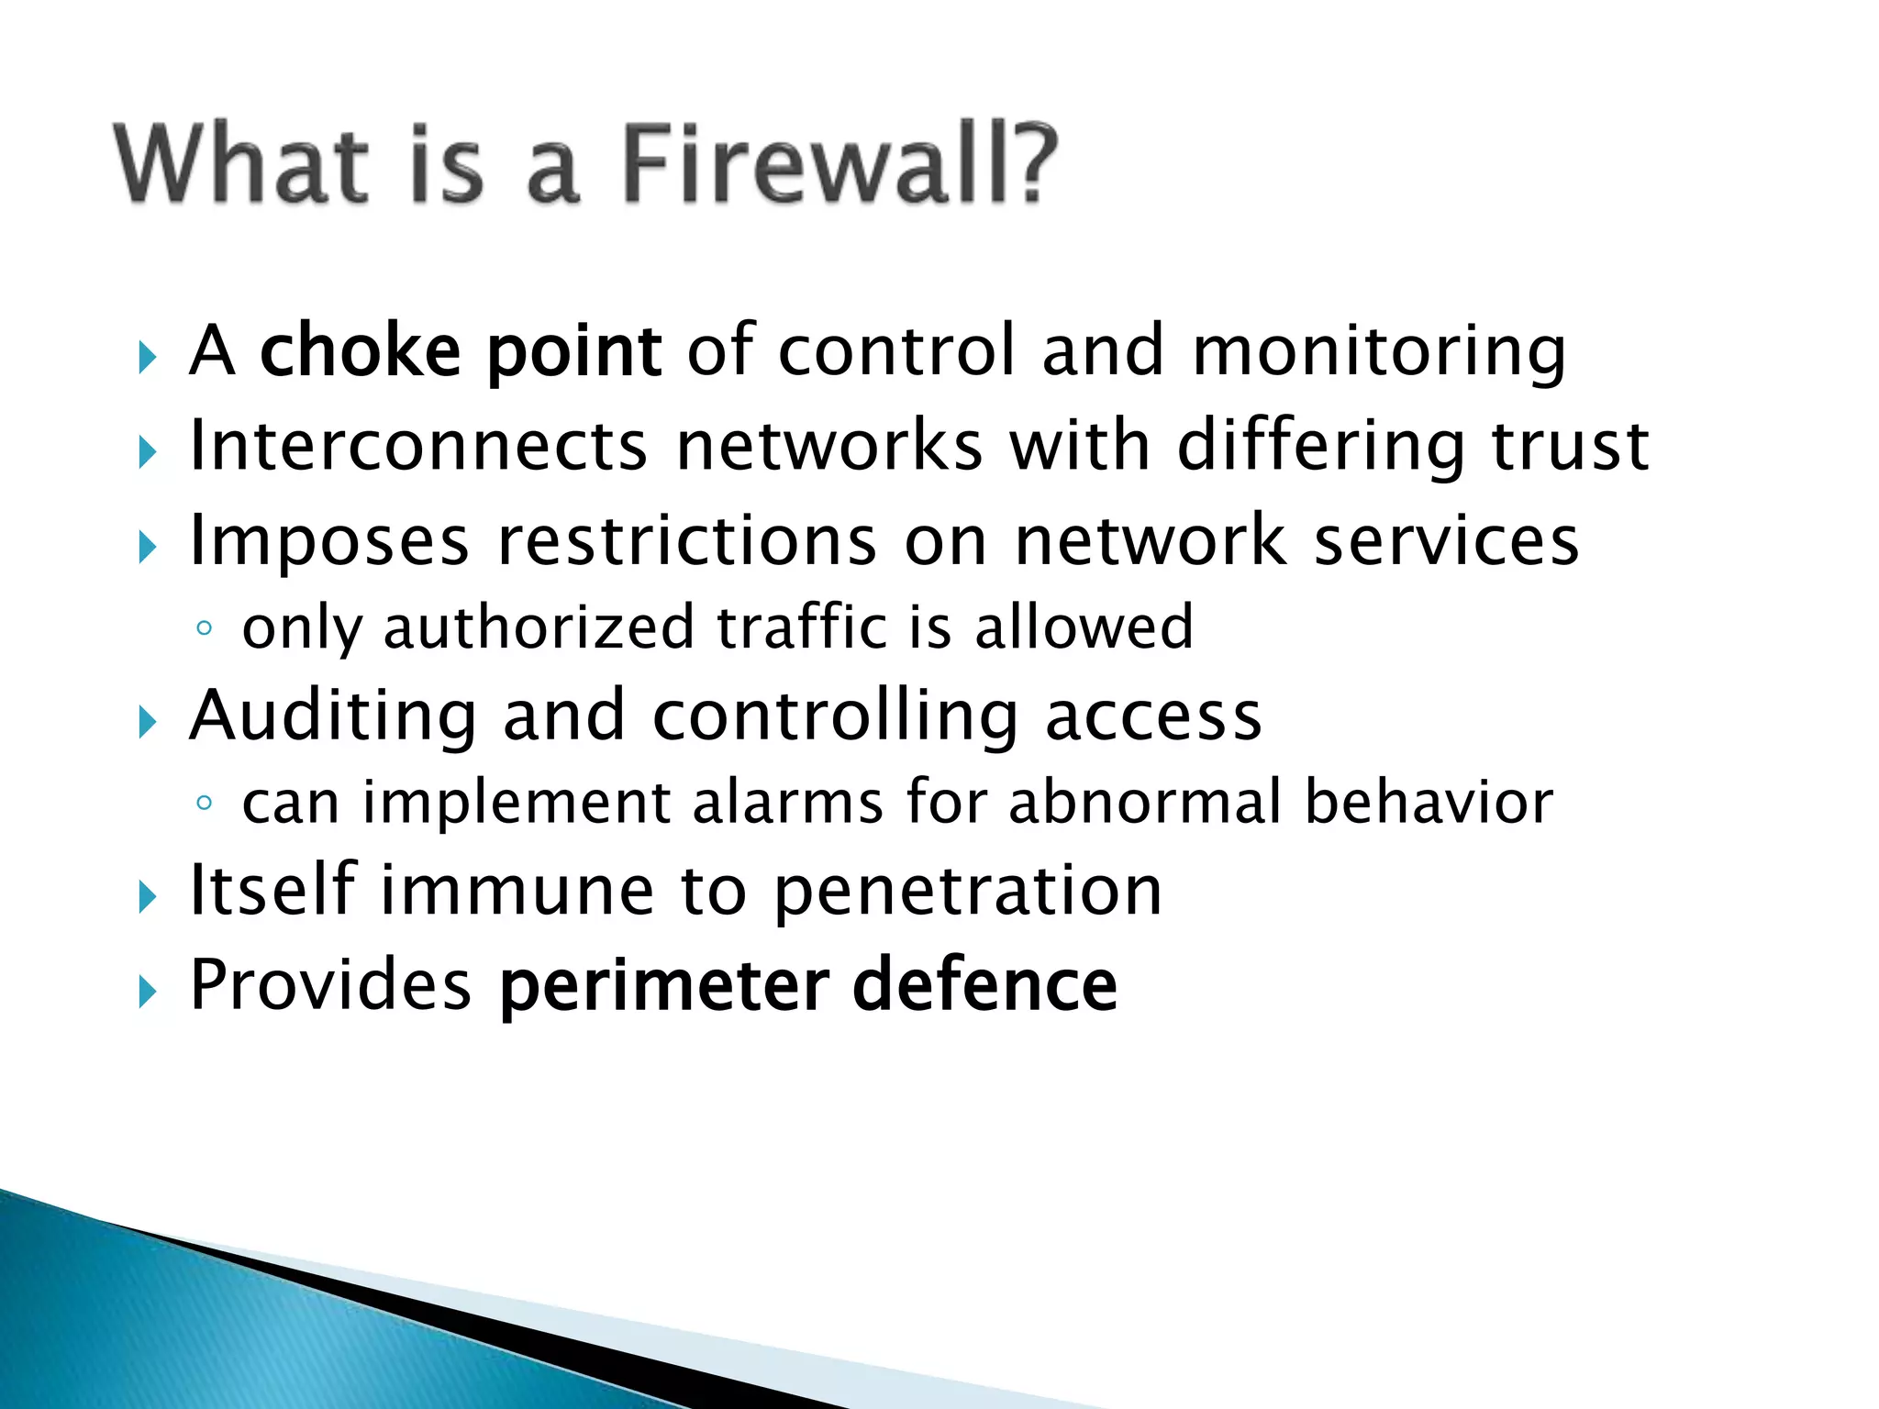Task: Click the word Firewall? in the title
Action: click(x=839, y=165)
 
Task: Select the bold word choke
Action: click(x=361, y=350)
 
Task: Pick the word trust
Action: click(x=1570, y=446)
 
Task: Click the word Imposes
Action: click(x=329, y=541)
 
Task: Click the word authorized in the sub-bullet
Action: click(x=539, y=629)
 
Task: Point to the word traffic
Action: click(x=802, y=627)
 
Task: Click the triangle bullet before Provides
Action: click(x=148, y=992)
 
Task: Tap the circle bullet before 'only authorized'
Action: click(x=205, y=629)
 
